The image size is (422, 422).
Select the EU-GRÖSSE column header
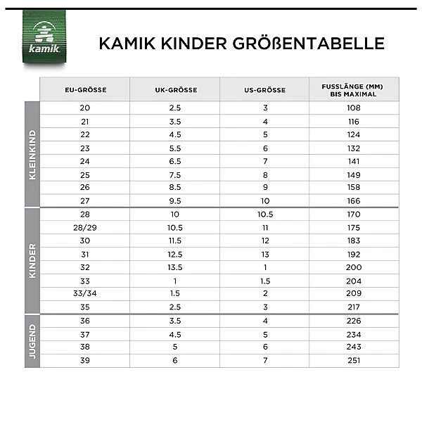click(84, 90)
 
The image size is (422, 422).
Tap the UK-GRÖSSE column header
click(175, 90)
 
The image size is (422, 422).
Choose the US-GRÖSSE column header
click(264, 90)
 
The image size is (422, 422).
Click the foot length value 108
click(354, 108)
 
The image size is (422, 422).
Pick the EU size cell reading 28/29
click(84, 227)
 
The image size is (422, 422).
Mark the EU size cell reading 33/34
click(84, 293)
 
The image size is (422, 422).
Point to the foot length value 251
click(354, 360)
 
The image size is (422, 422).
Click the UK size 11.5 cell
click(175, 241)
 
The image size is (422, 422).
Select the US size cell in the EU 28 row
click(264, 214)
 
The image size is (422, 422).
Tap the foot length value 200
click(354, 267)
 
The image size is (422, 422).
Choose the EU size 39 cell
click(84, 360)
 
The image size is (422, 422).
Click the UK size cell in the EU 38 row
click(175, 347)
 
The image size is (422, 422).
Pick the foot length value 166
click(354, 200)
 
